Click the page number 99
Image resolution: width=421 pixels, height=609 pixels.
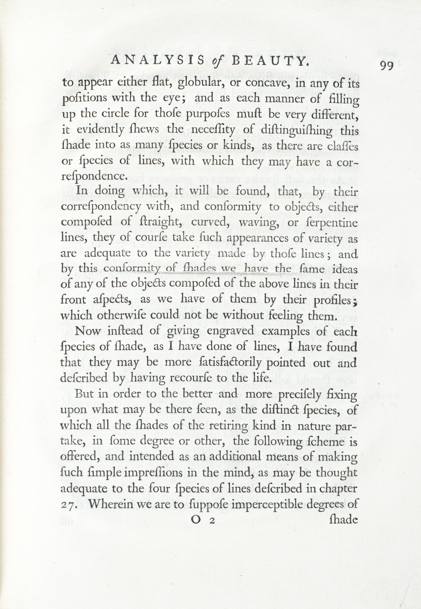(387, 65)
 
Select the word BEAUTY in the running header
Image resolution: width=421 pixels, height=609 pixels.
(270, 61)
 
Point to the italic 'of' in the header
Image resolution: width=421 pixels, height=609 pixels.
(218, 62)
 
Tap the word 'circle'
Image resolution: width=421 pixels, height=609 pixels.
(112, 114)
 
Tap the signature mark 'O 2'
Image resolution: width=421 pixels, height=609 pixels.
(203, 520)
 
